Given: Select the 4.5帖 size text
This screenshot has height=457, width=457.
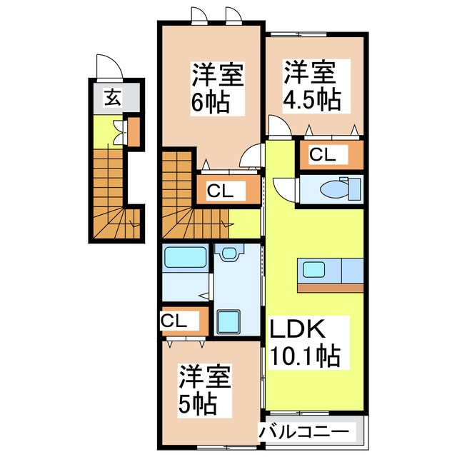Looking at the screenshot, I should click(311, 99).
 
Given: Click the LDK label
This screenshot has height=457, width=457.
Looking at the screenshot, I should click(298, 329).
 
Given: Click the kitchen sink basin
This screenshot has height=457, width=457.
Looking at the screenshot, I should click(313, 270).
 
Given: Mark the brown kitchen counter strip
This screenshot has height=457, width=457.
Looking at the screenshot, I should click(330, 288).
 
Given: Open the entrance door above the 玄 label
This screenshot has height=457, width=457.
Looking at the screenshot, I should click(106, 68).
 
